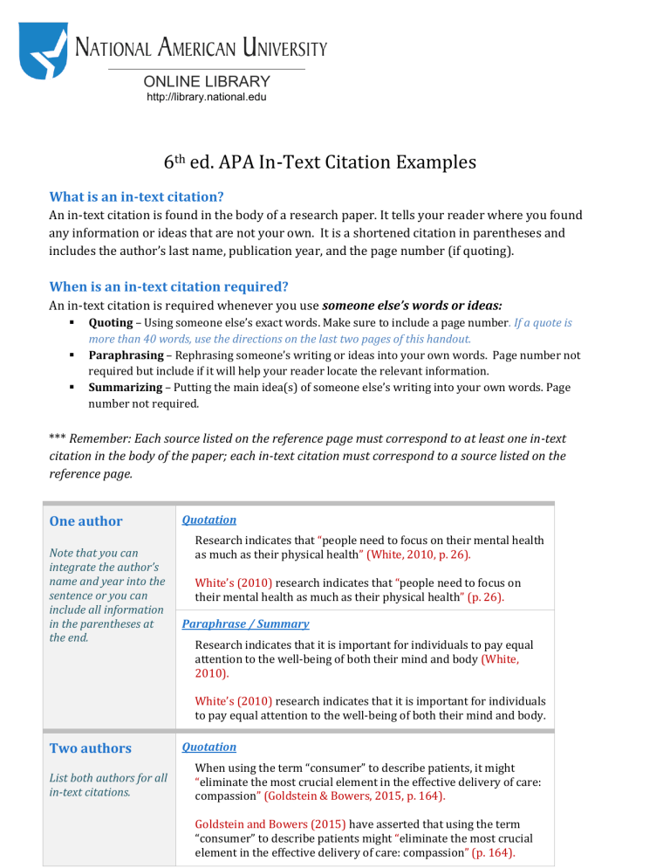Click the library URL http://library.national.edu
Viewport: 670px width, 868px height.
click(206, 97)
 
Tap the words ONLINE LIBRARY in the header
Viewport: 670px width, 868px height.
click(206, 81)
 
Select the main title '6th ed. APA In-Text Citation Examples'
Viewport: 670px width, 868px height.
click(319, 162)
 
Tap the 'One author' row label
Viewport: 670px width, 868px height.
click(86, 521)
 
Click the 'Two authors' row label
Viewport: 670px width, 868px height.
click(91, 748)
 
